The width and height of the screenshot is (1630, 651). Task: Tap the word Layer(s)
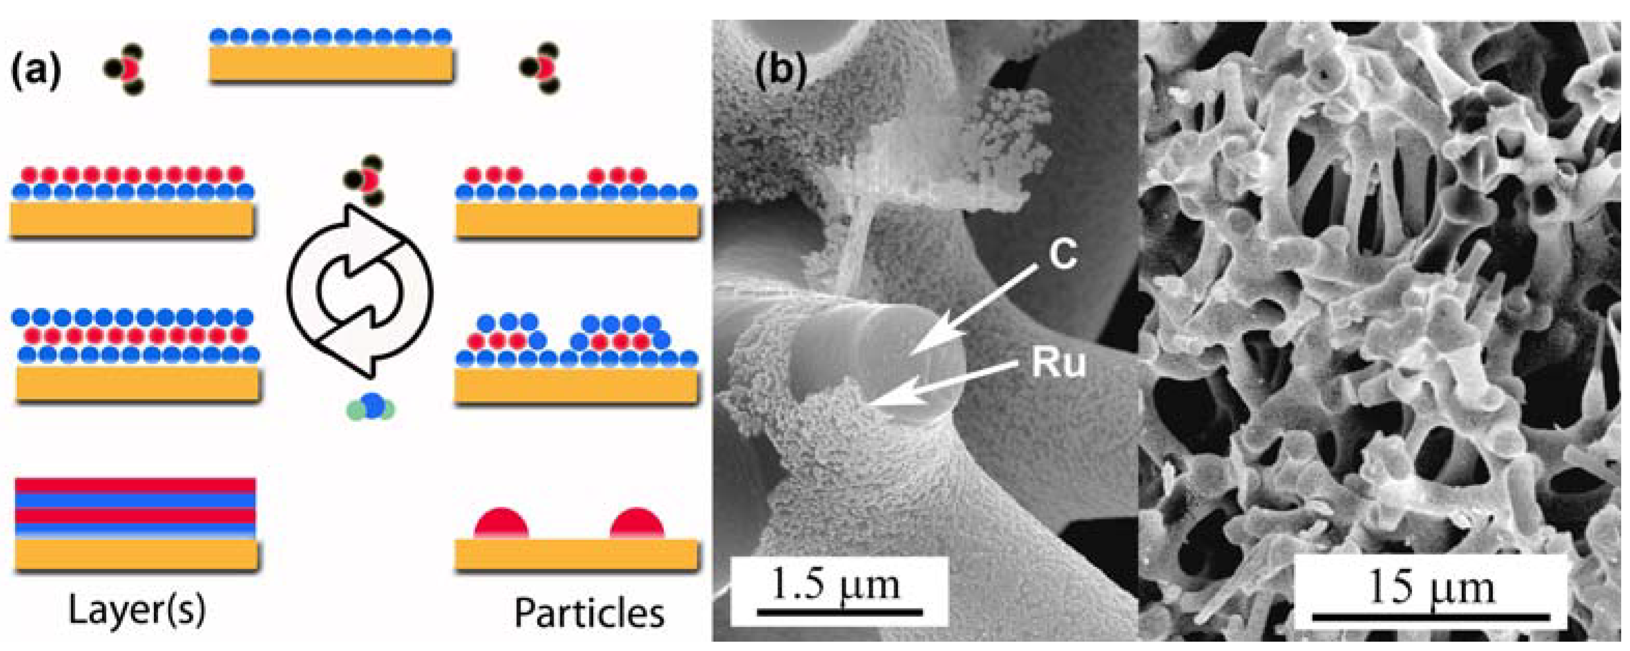tap(137, 611)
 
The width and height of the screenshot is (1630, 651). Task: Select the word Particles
tap(589, 612)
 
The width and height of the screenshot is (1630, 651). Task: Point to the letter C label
tap(1061, 255)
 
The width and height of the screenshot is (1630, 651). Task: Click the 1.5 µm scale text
tap(836, 586)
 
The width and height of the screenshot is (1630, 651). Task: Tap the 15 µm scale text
tap(1431, 588)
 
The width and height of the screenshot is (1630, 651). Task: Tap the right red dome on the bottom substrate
tap(637, 524)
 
